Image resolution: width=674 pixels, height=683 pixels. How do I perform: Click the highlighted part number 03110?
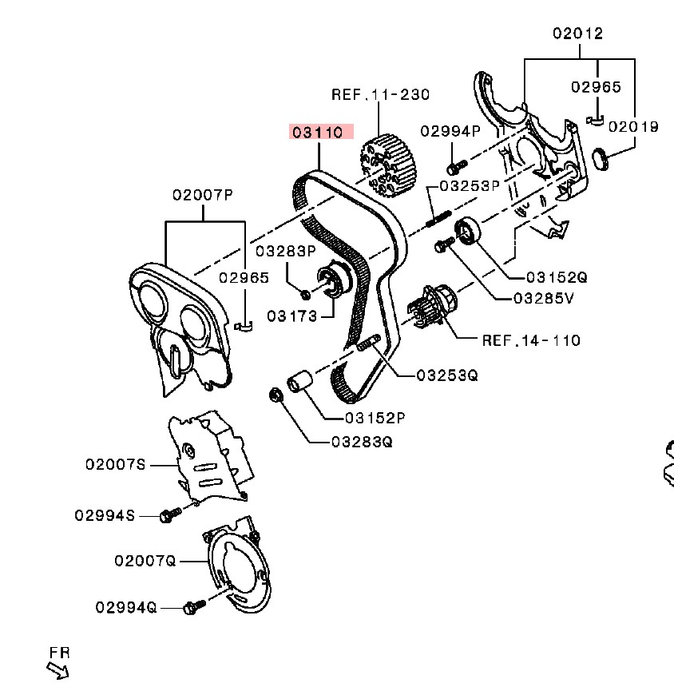click(x=321, y=132)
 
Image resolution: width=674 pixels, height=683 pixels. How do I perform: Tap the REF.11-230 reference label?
click(x=380, y=94)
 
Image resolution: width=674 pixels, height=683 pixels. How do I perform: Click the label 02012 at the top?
click(x=578, y=34)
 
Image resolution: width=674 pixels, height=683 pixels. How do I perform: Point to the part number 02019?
click(x=633, y=126)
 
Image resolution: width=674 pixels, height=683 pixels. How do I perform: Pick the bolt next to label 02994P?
click(x=455, y=168)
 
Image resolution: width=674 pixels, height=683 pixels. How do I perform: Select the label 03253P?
click(x=469, y=185)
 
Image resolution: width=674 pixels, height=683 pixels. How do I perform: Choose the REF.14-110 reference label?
click(x=531, y=340)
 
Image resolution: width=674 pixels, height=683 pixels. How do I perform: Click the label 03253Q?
click(x=446, y=375)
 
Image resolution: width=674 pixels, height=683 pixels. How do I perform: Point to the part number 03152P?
click(x=375, y=418)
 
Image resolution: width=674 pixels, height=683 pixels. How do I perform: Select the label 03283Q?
click(x=364, y=441)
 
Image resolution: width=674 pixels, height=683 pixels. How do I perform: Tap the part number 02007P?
click(x=204, y=194)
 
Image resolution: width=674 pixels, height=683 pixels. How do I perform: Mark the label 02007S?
click(x=116, y=464)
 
